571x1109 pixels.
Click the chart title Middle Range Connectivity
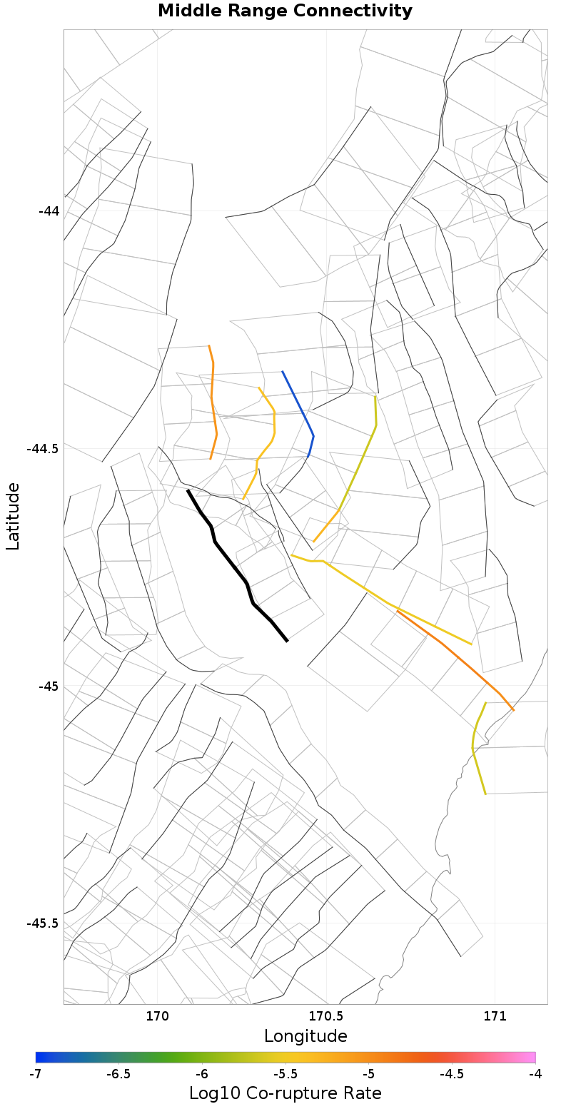point(285,11)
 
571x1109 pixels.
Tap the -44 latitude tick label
point(48,211)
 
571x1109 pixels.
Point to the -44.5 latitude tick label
point(42,449)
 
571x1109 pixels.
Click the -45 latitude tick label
point(48,687)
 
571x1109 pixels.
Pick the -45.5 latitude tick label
point(42,923)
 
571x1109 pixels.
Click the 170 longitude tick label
point(156,1016)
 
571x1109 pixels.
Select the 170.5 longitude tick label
point(326,1016)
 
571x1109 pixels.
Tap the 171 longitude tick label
point(495,1016)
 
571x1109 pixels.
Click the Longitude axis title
point(305,1036)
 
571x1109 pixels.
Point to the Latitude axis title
point(13,515)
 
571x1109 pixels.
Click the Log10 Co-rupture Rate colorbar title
point(285,1093)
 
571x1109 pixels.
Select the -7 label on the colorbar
point(36,1073)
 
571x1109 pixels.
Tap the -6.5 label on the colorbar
point(118,1073)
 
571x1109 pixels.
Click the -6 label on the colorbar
point(202,1073)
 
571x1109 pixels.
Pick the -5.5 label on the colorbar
point(285,1073)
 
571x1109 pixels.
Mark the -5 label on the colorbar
point(368,1073)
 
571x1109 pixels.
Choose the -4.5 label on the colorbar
point(452,1073)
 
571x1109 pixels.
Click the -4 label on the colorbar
point(535,1073)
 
